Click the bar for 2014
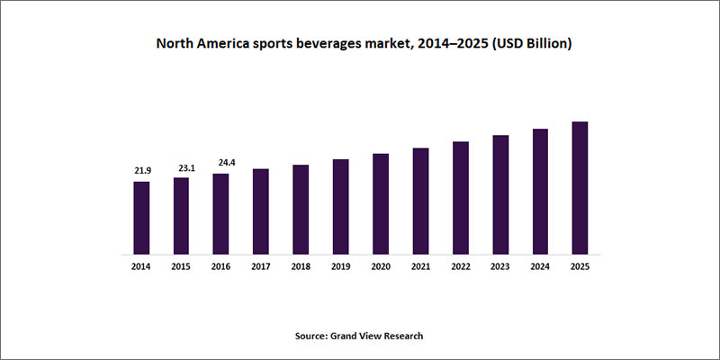point(141,218)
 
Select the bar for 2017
point(261,211)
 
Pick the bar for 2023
point(500,194)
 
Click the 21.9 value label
point(141,171)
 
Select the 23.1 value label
point(181,167)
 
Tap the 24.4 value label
point(220,163)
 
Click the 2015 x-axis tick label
point(181,267)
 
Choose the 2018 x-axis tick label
point(301,267)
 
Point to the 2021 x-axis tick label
point(420,267)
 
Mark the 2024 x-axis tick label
point(540,267)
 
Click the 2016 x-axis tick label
point(220,267)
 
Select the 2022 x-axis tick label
point(460,267)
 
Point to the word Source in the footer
point(312,336)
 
